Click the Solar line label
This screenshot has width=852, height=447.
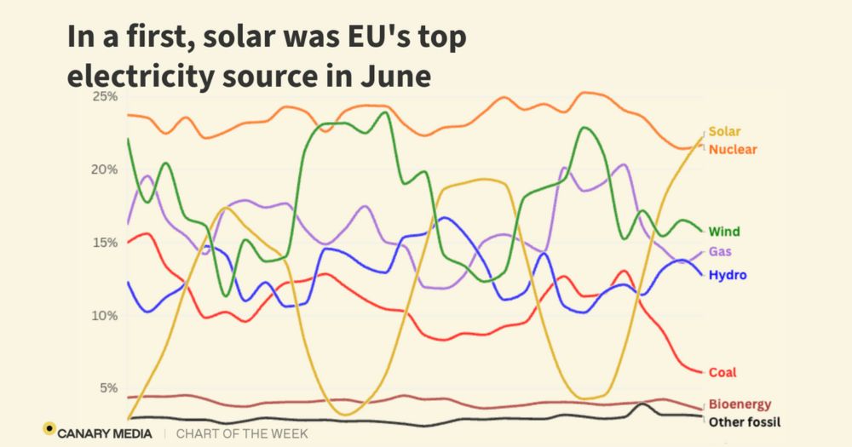pos(724,132)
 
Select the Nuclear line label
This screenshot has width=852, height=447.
pos(733,150)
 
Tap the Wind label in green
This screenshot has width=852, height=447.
pos(724,232)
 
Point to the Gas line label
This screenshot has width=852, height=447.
pos(720,252)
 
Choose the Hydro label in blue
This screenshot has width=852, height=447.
pos(728,276)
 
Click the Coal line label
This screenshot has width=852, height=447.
pos(722,373)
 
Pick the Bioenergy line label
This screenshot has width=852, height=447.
pos(740,404)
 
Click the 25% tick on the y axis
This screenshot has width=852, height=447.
pos(105,96)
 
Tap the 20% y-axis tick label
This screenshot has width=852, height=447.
pos(105,169)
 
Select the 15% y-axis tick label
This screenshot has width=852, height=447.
pos(105,243)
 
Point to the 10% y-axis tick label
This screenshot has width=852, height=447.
pos(105,316)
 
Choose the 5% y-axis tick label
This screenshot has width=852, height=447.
pos(107,388)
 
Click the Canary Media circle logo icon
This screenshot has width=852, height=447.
pos(49,428)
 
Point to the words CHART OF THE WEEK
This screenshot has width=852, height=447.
pos(242,434)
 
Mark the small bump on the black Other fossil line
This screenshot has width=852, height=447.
pos(641,405)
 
